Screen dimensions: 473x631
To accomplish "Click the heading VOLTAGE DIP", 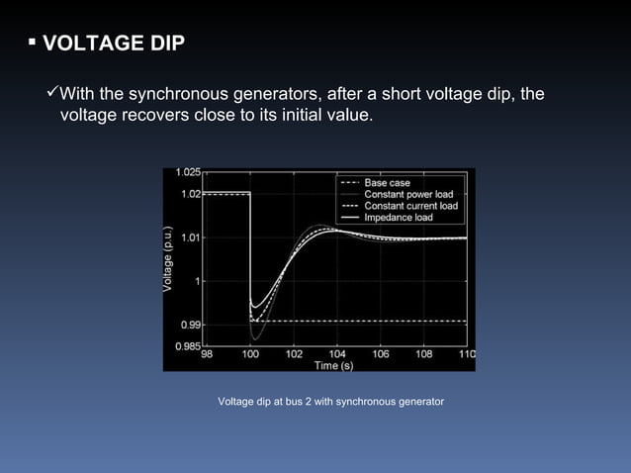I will (106, 45).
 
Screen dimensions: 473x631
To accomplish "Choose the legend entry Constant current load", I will (410, 206).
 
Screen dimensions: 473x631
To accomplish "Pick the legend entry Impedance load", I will (398, 217).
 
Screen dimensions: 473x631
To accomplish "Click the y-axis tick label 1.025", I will (190, 174).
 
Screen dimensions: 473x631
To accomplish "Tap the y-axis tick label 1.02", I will (193, 194).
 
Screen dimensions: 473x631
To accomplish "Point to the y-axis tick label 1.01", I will (193, 237).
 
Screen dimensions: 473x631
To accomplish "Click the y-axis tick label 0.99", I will (193, 324).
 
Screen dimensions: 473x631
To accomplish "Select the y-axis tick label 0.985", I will (190, 345).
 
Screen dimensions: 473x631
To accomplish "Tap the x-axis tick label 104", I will (337, 353).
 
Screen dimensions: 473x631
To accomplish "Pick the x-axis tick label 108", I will (423, 353).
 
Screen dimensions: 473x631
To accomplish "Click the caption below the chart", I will (330, 401).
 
